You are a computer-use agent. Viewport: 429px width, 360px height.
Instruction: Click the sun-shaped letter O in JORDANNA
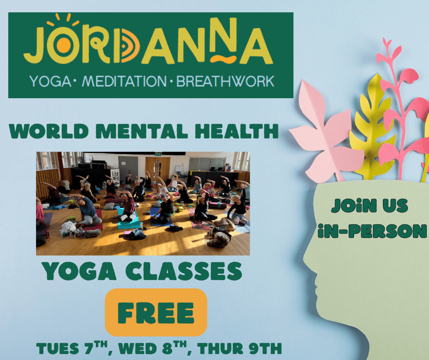[64, 44]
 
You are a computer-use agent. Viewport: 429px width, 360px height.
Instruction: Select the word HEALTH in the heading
[236, 131]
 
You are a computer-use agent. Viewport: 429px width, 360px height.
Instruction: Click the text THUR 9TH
[239, 348]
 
